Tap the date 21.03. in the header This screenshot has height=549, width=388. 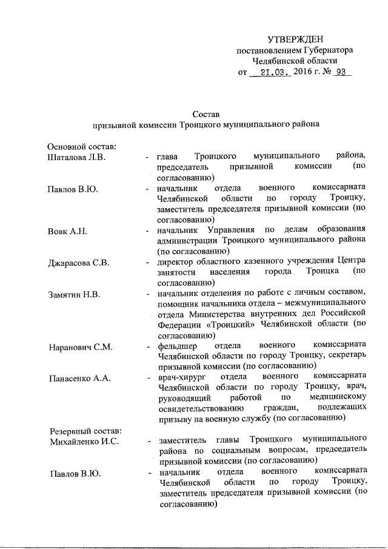[x=272, y=72]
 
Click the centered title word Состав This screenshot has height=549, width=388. [x=206, y=113]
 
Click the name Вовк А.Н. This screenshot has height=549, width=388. [x=68, y=231]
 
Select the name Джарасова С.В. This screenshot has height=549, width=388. [x=79, y=263]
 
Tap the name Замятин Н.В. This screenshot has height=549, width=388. [x=74, y=295]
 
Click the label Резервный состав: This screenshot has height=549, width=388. [x=85, y=429]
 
